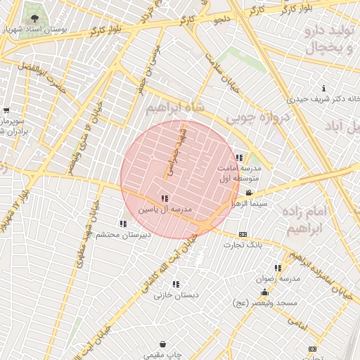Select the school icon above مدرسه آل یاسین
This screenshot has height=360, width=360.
pyautogui.click(x=165, y=198)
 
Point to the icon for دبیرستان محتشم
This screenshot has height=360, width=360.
pyautogui.click(x=123, y=224)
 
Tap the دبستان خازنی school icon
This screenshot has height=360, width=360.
pyautogui.click(x=176, y=285)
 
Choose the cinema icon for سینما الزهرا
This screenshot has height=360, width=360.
pyautogui.click(x=250, y=193)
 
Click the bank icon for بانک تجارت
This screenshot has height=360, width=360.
pyautogui.click(x=243, y=234)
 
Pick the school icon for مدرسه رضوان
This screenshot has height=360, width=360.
pyautogui.click(x=278, y=268)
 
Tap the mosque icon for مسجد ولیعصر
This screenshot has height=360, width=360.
pyautogui.click(x=264, y=292)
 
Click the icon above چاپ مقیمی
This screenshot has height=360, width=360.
pyautogui.click(x=164, y=345)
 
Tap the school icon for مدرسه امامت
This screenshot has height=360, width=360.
pyautogui.click(x=239, y=157)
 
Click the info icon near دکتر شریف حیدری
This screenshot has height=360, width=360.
pyautogui.click(x=323, y=89)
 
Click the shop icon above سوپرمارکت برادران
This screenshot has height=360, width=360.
pyautogui.click(x=6, y=110)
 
